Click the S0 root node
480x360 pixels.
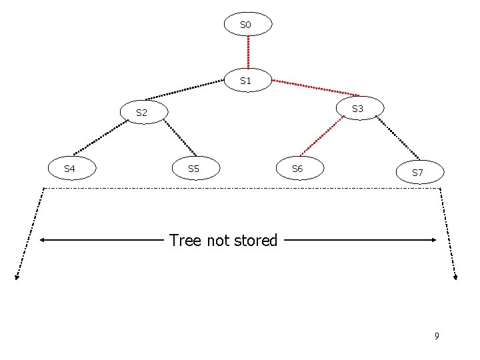tap(248, 25)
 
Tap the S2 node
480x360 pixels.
tap(143, 113)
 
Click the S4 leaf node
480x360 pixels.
tap(70, 169)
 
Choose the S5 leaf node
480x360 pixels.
tap(194, 169)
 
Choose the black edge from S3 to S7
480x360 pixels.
tap(397, 139)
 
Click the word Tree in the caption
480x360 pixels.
tap(185, 240)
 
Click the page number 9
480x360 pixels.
tap(437, 335)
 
